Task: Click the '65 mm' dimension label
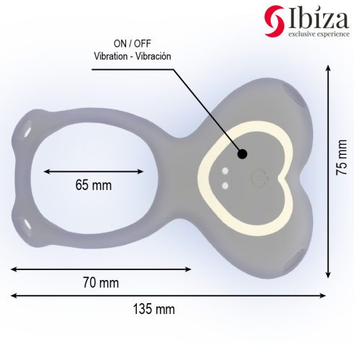94,184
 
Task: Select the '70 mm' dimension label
101,281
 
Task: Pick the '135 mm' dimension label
153,310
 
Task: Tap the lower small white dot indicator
225,184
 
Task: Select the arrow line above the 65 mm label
94,171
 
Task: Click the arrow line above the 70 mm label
101,269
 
